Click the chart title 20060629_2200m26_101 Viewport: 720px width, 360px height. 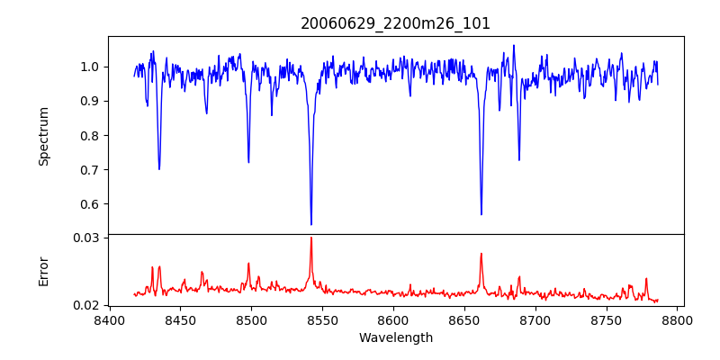click(x=395, y=23)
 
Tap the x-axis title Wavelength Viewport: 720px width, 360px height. click(x=395, y=337)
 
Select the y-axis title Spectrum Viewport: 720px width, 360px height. click(x=44, y=136)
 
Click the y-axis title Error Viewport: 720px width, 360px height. click(x=44, y=271)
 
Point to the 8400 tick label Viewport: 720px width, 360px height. click(x=109, y=320)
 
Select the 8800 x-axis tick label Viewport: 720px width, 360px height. click(x=678, y=320)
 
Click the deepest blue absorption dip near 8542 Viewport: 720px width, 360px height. click(x=311, y=224)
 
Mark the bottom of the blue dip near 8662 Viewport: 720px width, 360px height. click(x=481, y=214)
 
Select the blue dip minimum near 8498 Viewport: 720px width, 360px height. click(x=248, y=162)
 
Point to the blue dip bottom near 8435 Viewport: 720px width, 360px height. click(x=159, y=169)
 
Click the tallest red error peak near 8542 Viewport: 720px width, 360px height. click(x=311, y=238)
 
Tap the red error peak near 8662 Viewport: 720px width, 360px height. click(x=481, y=254)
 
